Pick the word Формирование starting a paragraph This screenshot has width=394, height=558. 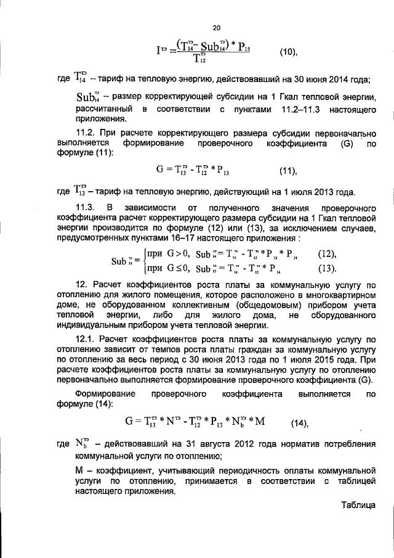click(x=104, y=393)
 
